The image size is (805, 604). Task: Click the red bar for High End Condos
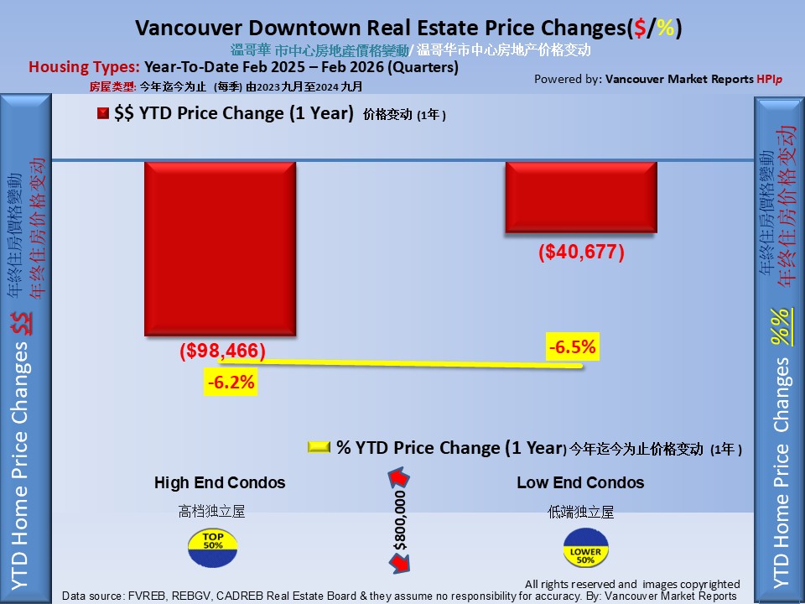coord(221,249)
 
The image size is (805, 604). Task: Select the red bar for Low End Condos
coord(581,196)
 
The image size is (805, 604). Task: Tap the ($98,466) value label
coord(222,351)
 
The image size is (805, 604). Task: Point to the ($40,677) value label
coord(581,252)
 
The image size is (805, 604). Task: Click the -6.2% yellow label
coord(230,383)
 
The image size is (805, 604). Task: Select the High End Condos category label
coord(220,482)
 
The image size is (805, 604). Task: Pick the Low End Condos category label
coord(580,482)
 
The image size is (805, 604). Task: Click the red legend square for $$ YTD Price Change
coord(102,114)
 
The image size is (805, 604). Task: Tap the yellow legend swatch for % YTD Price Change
coord(319,448)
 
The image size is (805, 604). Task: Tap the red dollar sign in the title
coord(641,28)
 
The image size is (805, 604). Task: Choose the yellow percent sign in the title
coord(666,28)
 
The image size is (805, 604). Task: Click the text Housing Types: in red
coord(85,67)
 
